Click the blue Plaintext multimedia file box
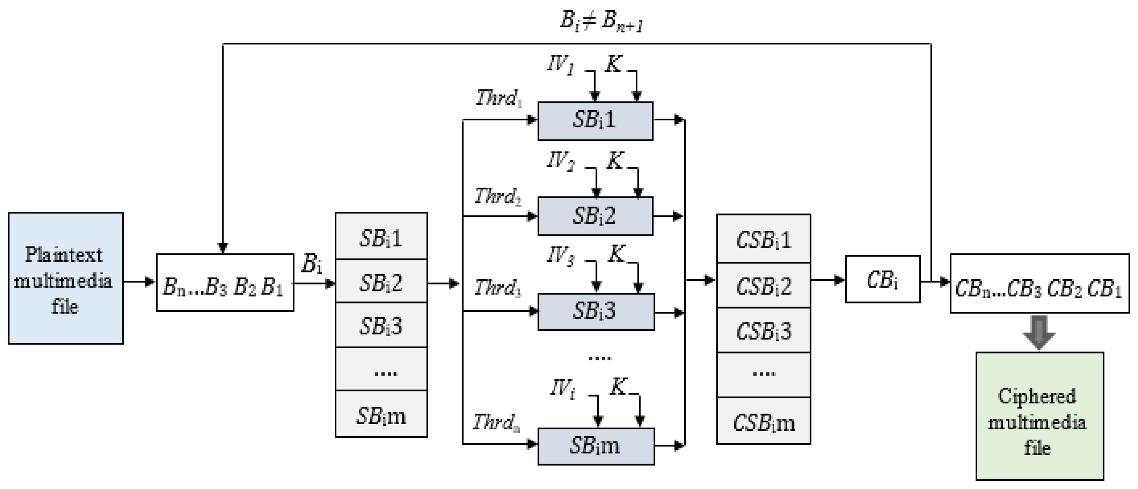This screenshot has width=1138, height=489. (66, 278)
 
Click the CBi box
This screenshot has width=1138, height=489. (882, 279)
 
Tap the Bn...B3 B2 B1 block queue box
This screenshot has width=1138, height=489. (225, 283)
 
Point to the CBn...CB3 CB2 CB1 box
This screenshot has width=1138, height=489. (1039, 283)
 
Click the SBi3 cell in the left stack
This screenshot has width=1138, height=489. (381, 325)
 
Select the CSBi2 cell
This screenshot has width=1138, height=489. (763, 285)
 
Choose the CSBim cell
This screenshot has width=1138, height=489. (763, 421)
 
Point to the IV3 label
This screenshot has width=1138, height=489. (560, 255)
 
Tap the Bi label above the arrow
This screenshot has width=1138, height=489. (311, 264)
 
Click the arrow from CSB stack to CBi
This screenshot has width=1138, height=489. (827, 280)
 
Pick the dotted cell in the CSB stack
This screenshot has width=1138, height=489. (763, 374)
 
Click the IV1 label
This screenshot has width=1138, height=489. (560, 64)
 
